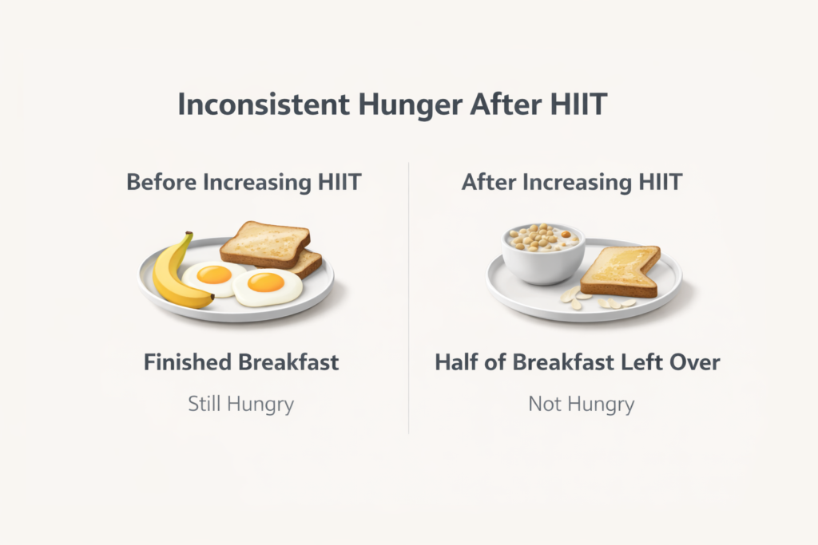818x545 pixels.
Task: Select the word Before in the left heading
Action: [161, 182]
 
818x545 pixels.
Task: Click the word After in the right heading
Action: [490, 182]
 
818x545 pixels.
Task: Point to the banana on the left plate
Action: [173, 275]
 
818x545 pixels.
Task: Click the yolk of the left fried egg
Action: [214, 274]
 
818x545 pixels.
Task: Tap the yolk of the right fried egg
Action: [266, 282]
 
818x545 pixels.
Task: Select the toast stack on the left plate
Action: [268, 247]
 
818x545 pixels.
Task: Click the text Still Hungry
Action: [241, 404]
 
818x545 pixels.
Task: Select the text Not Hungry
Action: [581, 404]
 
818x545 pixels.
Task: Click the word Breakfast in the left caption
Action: [289, 362]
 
